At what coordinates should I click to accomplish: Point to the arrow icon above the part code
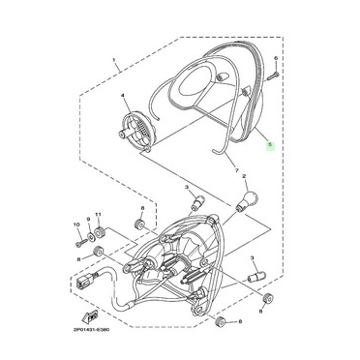point(90,316)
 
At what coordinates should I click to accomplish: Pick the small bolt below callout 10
point(81,239)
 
